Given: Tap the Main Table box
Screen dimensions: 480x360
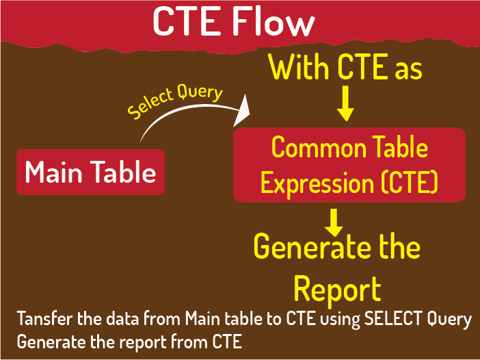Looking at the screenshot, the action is (x=91, y=172).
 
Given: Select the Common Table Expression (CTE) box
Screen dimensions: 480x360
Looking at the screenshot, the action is (x=349, y=165).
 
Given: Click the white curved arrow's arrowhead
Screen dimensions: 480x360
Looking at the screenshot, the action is (x=242, y=110).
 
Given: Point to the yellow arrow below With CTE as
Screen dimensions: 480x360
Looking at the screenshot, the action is (x=345, y=103).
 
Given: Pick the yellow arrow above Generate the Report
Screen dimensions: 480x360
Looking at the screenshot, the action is (x=334, y=222).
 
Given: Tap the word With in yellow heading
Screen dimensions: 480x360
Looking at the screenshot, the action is (x=299, y=67).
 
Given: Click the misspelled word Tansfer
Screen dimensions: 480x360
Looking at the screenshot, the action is (x=45, y=318).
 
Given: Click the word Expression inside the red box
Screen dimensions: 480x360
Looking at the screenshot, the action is (x=317, y=183).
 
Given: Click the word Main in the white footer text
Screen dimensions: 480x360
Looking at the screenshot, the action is (x=202, y=318).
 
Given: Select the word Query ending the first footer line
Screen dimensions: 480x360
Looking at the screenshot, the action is (x=449, y=320).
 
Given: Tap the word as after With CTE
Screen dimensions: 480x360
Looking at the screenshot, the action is (x=409, y=70).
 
